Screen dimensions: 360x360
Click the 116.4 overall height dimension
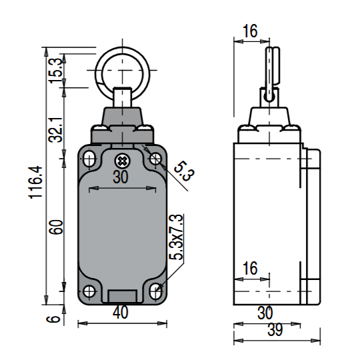(x=35, y=182)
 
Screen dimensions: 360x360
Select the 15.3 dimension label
(x=55, y=71)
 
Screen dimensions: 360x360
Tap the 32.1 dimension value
(x=55, y=130)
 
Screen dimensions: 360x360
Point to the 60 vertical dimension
(x=56, y=227)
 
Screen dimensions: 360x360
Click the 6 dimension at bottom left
(x=53, y=319)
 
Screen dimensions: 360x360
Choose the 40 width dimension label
(x=120, y=313)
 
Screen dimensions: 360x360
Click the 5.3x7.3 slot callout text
(x=176, y=237)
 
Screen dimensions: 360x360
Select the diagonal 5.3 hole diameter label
(x=184, y=171)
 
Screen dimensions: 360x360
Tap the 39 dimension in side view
(x=275, y=330)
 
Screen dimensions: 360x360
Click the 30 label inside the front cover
(x=120, y=177)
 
